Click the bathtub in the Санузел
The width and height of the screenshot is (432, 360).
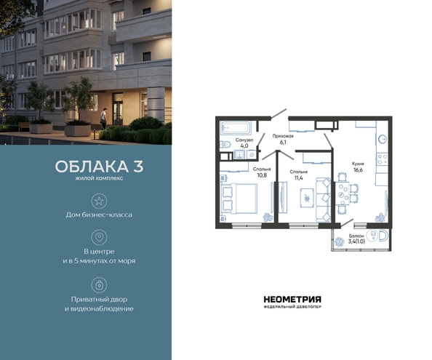(236, 127)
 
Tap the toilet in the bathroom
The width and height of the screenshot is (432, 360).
(226, 144)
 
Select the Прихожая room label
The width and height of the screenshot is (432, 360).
(283, 136)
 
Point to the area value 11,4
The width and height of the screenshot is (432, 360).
(299, 177)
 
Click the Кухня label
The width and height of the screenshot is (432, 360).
(358, 164)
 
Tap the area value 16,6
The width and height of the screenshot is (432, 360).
(358, 170)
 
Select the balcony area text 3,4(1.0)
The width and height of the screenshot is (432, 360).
(356, 242)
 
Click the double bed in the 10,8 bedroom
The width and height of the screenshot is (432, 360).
(239, 199)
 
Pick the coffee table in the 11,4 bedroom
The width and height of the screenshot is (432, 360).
(307, 196)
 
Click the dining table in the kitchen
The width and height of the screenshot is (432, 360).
(343, 194)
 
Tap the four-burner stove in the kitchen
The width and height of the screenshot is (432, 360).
(382, 159)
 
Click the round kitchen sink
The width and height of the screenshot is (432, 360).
(383, 140)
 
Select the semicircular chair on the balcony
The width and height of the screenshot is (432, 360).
(383, 236)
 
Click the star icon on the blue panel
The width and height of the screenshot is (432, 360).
(99, 201)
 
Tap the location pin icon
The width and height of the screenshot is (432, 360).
(99, 237)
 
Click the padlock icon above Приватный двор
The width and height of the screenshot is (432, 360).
(99, 285)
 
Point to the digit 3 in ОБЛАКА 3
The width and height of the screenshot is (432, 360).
(138, 167)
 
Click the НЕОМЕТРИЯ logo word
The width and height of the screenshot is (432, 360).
(292, 300)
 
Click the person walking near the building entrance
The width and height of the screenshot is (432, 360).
(103, 118)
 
